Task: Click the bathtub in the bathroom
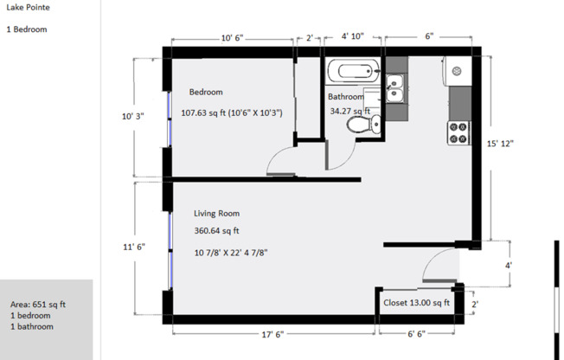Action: point(354,71)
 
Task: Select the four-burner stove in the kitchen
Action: point(458,133)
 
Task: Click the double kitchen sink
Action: point(395,88)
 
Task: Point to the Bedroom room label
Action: point(206,92)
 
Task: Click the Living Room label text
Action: point(216,214)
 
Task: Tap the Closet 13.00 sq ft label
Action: point(416,303)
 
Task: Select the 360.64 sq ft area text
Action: point(216,231)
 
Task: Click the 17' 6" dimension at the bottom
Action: point(272,334)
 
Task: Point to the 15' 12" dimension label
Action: point(500,144)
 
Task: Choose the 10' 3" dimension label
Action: point(132,116)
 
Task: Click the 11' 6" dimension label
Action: point(134,247)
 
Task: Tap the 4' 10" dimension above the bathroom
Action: point(353,36)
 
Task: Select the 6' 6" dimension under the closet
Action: point(416,334)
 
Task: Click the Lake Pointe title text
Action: point(28,7)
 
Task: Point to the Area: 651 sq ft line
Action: point(38,305)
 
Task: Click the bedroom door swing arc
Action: point(276,156)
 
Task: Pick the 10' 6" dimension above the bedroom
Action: point(232,38)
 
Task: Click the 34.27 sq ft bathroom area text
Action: point(350,112)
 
